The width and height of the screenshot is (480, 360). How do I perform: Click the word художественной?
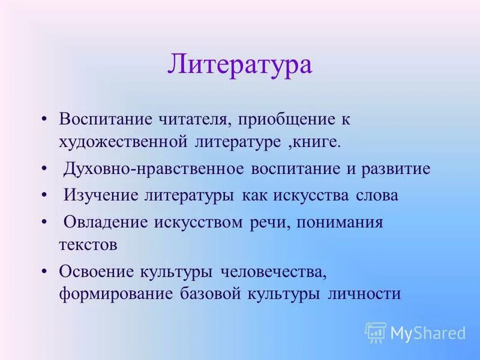tap(122, 142)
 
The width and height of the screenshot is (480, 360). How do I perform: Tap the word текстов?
tap(88, 245)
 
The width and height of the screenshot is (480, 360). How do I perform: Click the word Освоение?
tap(96, 271)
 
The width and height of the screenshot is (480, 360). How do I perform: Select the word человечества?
tap(273, 271)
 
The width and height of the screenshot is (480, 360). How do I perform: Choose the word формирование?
tap(115, 295)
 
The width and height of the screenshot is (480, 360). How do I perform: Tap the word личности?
tap(364, 295)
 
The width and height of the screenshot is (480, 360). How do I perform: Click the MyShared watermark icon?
tap(376, 332)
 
